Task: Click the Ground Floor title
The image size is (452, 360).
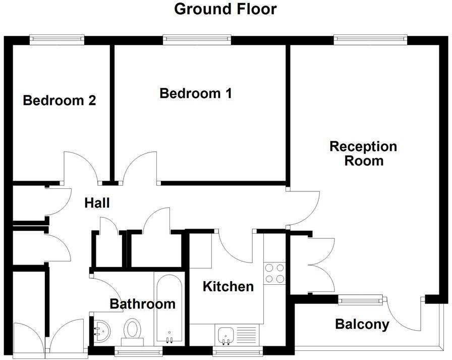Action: (x=225, y=9)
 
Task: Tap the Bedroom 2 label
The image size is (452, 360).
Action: (x=60, y=100)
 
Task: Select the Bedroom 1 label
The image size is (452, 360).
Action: (x=196, y=93)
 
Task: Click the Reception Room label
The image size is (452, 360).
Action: (x=363, y=153)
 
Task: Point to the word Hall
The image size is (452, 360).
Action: (x=97, y=203)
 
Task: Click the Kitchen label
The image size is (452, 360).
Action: (x=228, y=287)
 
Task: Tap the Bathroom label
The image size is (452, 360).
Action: (x=142, y=304)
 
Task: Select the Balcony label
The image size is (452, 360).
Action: (x=362, y=324)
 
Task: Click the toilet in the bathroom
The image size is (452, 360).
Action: (x=133, y=331)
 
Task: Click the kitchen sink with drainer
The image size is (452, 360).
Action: (x=237, y=334)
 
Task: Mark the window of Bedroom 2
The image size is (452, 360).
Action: (x=56, y=39)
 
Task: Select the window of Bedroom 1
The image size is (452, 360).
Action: (x=197, y=39)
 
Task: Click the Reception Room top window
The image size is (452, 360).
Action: (x=370, y=39)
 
